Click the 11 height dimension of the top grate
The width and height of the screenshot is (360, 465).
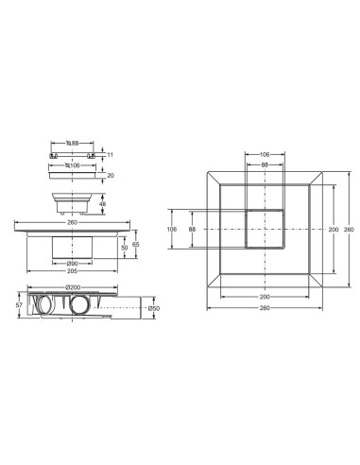coord(110,154)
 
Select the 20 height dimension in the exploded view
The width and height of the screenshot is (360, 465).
coord(110,175)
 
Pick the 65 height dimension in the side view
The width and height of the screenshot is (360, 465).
coord(136,244)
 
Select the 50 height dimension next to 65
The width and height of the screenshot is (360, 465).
coord(124,248)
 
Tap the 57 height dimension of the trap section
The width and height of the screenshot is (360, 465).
coord(19,306)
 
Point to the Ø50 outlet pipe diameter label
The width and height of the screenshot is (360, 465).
coord(154,307)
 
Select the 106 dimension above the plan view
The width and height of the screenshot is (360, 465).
coord(265,155)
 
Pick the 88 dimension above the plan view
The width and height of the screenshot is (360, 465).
coord(265,164)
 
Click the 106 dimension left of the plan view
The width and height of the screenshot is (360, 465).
coord(172,229)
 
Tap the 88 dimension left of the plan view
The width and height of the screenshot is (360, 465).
coord(192,229)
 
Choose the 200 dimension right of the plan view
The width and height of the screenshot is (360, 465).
coord(332,229)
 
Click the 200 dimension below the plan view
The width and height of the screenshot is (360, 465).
coord(265,296)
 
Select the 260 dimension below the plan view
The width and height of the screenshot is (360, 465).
coord(265,307)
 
